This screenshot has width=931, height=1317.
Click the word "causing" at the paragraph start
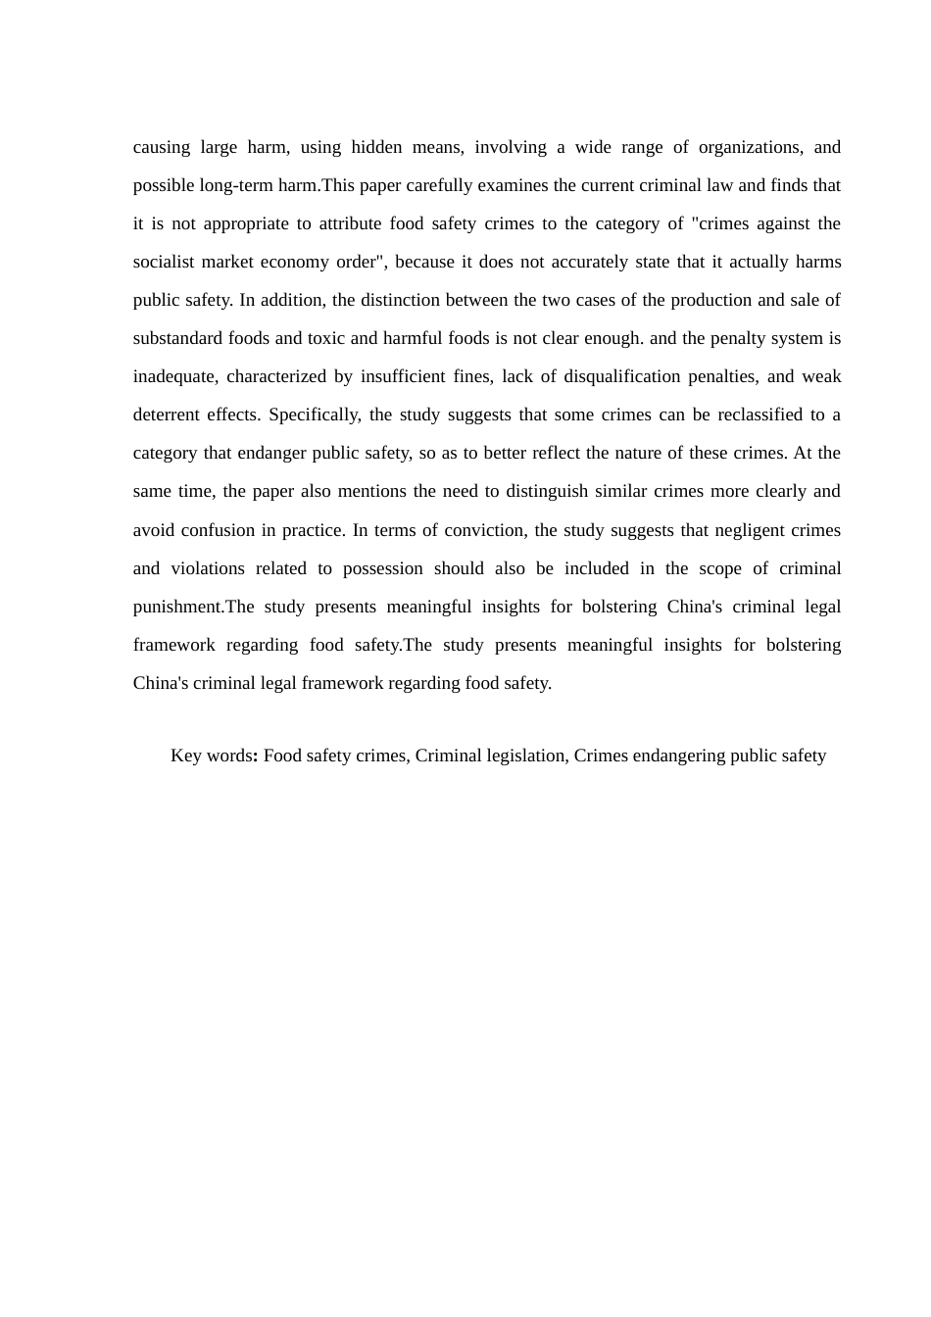coord(162,148)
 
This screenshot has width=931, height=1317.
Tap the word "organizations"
coord(750,148)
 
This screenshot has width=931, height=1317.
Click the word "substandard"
coord(178,339)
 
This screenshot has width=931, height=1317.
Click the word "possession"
coord(383,569)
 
